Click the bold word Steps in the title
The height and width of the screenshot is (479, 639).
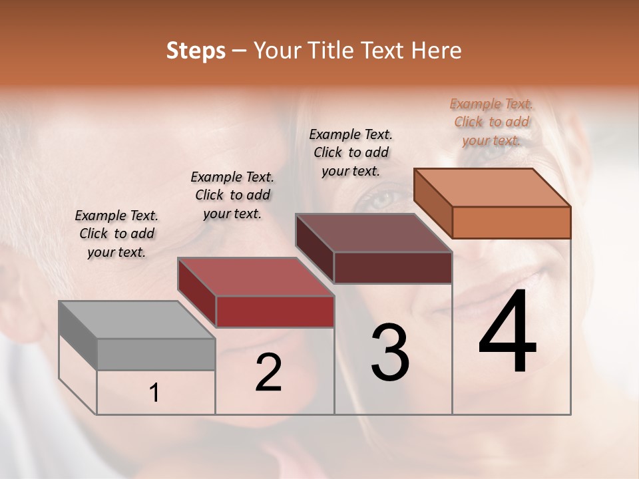click(x=195, y=51)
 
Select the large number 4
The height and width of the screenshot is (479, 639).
click(x=507, y=333)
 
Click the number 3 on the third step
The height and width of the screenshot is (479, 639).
click(x=390, y=352)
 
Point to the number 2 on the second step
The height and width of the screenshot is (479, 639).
click(x=268, y=373)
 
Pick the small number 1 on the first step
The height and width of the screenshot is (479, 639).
click(x=154, y=393)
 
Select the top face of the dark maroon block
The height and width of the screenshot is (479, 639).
click(x=374, y=233)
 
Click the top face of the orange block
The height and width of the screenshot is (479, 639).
click(x=493, y=188)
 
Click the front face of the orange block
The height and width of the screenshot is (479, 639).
click(x=511, y=222)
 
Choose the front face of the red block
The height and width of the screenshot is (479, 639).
click(x=275, y=311)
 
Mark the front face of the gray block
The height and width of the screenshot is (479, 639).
click(x=156, y=354)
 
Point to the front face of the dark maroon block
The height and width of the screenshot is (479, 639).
click(x=393, y=267)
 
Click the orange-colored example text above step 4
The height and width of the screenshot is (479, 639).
click(x=491, y=122)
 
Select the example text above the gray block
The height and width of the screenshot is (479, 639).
click(x=116, y=234)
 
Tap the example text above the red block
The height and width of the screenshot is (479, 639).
click(x=232, y=195)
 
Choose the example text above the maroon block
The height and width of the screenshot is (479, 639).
click(x=351, y=152)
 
